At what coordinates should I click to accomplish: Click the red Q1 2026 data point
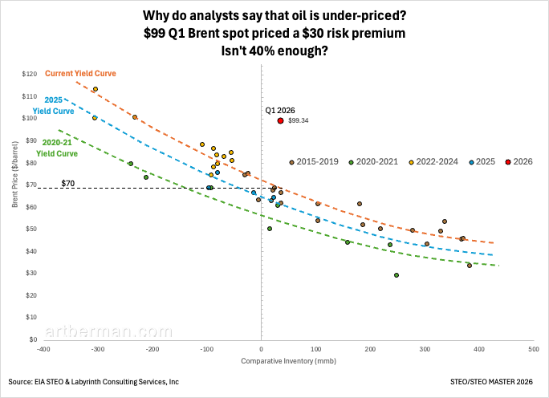[x=280, y=120]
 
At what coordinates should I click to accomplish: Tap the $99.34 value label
[x=299, y=120]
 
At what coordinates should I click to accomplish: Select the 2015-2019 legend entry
[x=316, y=162]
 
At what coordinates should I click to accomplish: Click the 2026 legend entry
[x=519, y=162]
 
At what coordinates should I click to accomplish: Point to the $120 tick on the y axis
[x=31, y=74]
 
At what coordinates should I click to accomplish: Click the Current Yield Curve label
[x=80, y=74]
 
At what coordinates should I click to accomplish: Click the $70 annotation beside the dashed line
[x=67, y=184]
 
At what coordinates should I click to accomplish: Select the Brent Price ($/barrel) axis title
[x=15, y=207]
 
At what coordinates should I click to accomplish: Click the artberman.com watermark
[x=109, y=331]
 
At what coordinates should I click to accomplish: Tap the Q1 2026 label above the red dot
[x=279, y=110]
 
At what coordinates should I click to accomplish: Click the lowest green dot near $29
[x=396, y=275]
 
